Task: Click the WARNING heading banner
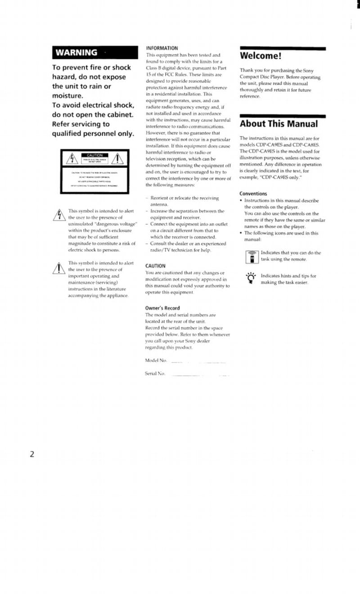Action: point(95,53)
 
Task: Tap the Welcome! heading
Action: point(261,56)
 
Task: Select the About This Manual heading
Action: point(279,124)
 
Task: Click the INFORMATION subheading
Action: point(162,48)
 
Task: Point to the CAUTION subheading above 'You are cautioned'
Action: point(155,266)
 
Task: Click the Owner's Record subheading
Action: point(162,308)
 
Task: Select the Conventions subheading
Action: point(253,194)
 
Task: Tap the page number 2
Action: point(32,454)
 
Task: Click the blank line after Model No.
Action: point(198,362)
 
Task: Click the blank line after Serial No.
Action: point(200,375)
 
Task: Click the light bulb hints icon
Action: point(251,278)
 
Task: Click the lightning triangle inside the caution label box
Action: point(72,159)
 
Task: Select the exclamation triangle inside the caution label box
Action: point(118,159)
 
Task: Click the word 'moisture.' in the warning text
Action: point(67,96)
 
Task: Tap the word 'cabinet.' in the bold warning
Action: point(116,115)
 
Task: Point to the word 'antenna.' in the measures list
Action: point(158,204)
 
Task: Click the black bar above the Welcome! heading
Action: point(283,48)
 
